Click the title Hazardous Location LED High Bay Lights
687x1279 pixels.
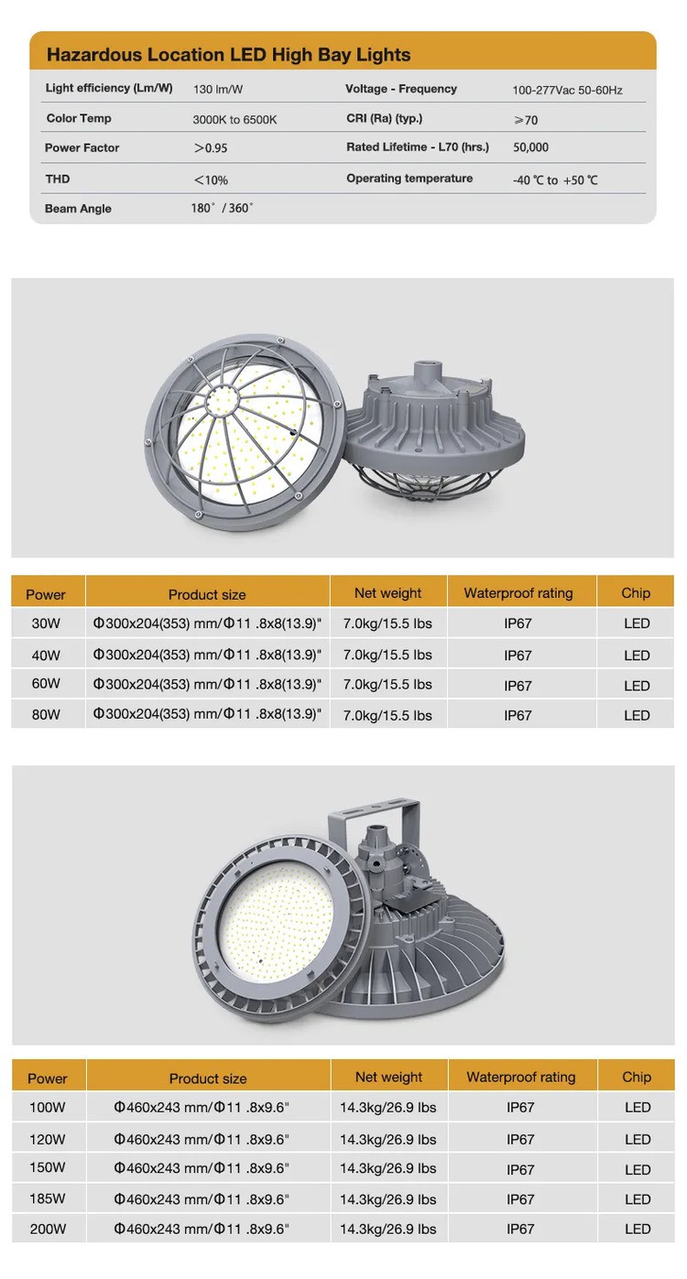click(x=228, y=55)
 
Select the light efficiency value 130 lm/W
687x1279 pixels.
click(x=217, y=90)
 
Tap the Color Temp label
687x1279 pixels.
click(x=79, y=118)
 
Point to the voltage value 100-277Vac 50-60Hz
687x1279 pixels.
click(x=567, y=91)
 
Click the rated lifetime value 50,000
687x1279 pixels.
click(x=530, y=147)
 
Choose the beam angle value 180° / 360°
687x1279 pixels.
click(x=222, y=209)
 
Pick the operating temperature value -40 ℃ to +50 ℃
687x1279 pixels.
click(x=555, y=180)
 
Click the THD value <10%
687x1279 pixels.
click(x=211, y=179)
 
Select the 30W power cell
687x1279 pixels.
click(x=45, y=624)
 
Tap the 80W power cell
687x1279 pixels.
click(x=45, y=715)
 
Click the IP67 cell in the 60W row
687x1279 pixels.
click(x=518, y=685)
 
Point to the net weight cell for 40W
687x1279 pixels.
click(x=387, y=655)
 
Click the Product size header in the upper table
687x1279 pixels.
click(x=207, y=594)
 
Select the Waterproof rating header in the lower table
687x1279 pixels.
click(x=520, y=1077)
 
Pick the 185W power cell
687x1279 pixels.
click(x=48, y=1198)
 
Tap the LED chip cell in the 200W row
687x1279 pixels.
click(x=638, y=1229)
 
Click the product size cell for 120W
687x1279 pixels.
click(x=202, y=1139)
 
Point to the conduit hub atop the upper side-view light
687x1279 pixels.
click(x=427, y=371)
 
